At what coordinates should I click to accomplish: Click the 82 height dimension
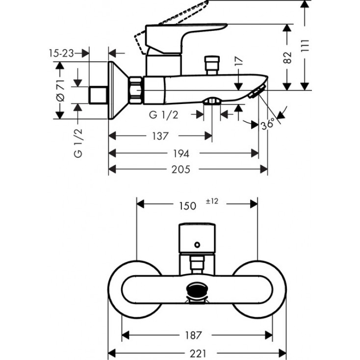[x=288, y=57]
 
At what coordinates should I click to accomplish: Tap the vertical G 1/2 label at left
[x=78, y=143]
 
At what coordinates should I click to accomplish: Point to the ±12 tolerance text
[x=211, y=201]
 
